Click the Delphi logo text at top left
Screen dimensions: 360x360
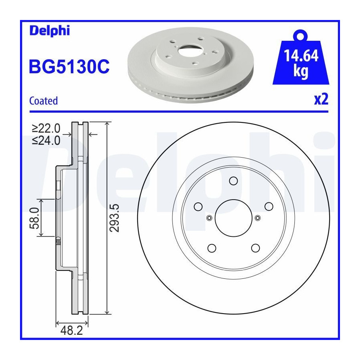50,31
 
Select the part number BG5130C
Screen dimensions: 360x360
69,66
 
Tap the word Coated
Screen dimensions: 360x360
43,101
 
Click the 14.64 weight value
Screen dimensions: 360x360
301,56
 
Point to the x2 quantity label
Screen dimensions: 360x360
321,100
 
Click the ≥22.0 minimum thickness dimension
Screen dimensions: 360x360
46,128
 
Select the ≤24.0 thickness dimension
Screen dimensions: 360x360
46,140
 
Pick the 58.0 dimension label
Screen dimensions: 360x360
34,218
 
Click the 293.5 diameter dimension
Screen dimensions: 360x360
114,218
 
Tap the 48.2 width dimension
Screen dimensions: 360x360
72,331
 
